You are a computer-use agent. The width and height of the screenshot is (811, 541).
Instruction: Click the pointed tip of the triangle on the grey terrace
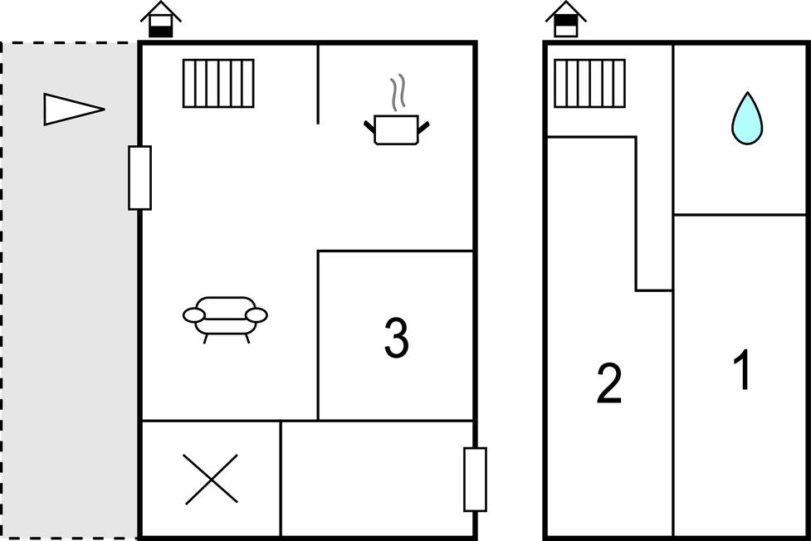(105, 110)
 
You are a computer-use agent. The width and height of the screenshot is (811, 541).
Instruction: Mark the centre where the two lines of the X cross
(212, 479)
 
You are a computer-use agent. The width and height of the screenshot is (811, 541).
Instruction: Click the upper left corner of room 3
(318, 251)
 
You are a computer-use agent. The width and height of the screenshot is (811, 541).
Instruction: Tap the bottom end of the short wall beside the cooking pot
(318, 124)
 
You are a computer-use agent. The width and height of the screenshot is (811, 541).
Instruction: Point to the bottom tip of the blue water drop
(747, 144)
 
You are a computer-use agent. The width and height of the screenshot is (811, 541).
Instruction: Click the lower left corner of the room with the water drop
(673, 214)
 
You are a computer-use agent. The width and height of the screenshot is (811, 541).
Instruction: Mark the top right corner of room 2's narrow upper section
(636, 137)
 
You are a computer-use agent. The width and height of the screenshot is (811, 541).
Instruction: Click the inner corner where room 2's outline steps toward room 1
(636, 290)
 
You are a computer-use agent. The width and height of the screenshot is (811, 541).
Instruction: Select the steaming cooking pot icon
(397, 110)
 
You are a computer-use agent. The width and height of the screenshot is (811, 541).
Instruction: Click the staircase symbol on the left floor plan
(218, 83)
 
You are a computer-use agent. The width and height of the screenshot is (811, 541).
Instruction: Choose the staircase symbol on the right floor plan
(589, 83)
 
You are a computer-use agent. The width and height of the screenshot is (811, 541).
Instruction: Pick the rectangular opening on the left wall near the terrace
(139, 178)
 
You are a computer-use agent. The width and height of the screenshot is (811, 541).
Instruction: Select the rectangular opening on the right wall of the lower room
(475, 480)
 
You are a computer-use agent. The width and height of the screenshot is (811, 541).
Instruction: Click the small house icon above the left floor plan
(161, 20)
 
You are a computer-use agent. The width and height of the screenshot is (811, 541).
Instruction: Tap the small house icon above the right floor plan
(566, 20)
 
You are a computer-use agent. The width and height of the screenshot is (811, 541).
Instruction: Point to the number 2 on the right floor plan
(609, 383)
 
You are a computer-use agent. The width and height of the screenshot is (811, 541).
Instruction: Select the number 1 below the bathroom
(742, 369)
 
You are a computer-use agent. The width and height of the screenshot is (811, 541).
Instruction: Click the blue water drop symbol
(747, 118)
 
